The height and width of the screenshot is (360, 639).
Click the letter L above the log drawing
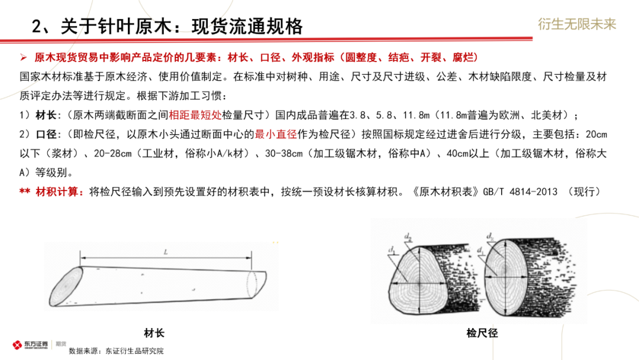tap(166, 252)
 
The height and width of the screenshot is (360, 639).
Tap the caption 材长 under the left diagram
tap(154, 332)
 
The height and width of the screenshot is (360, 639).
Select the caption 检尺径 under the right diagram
tap(482, 333)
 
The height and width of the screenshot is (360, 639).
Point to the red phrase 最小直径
tap(275, 134)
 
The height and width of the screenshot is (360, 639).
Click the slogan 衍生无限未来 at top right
tap(577, 24)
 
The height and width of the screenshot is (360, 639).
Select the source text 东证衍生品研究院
tap(134, 351)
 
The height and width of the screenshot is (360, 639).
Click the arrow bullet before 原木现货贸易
tap(24, 58)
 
